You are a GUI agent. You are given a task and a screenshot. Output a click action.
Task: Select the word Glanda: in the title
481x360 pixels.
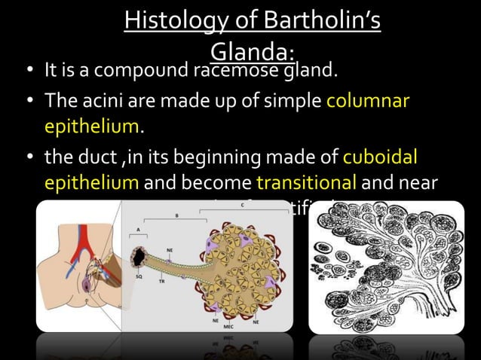click(251, 51)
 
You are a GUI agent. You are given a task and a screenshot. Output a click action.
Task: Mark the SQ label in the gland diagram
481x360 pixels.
click(139, 276)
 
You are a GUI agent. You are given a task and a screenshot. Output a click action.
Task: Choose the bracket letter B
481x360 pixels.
click(179, 215)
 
